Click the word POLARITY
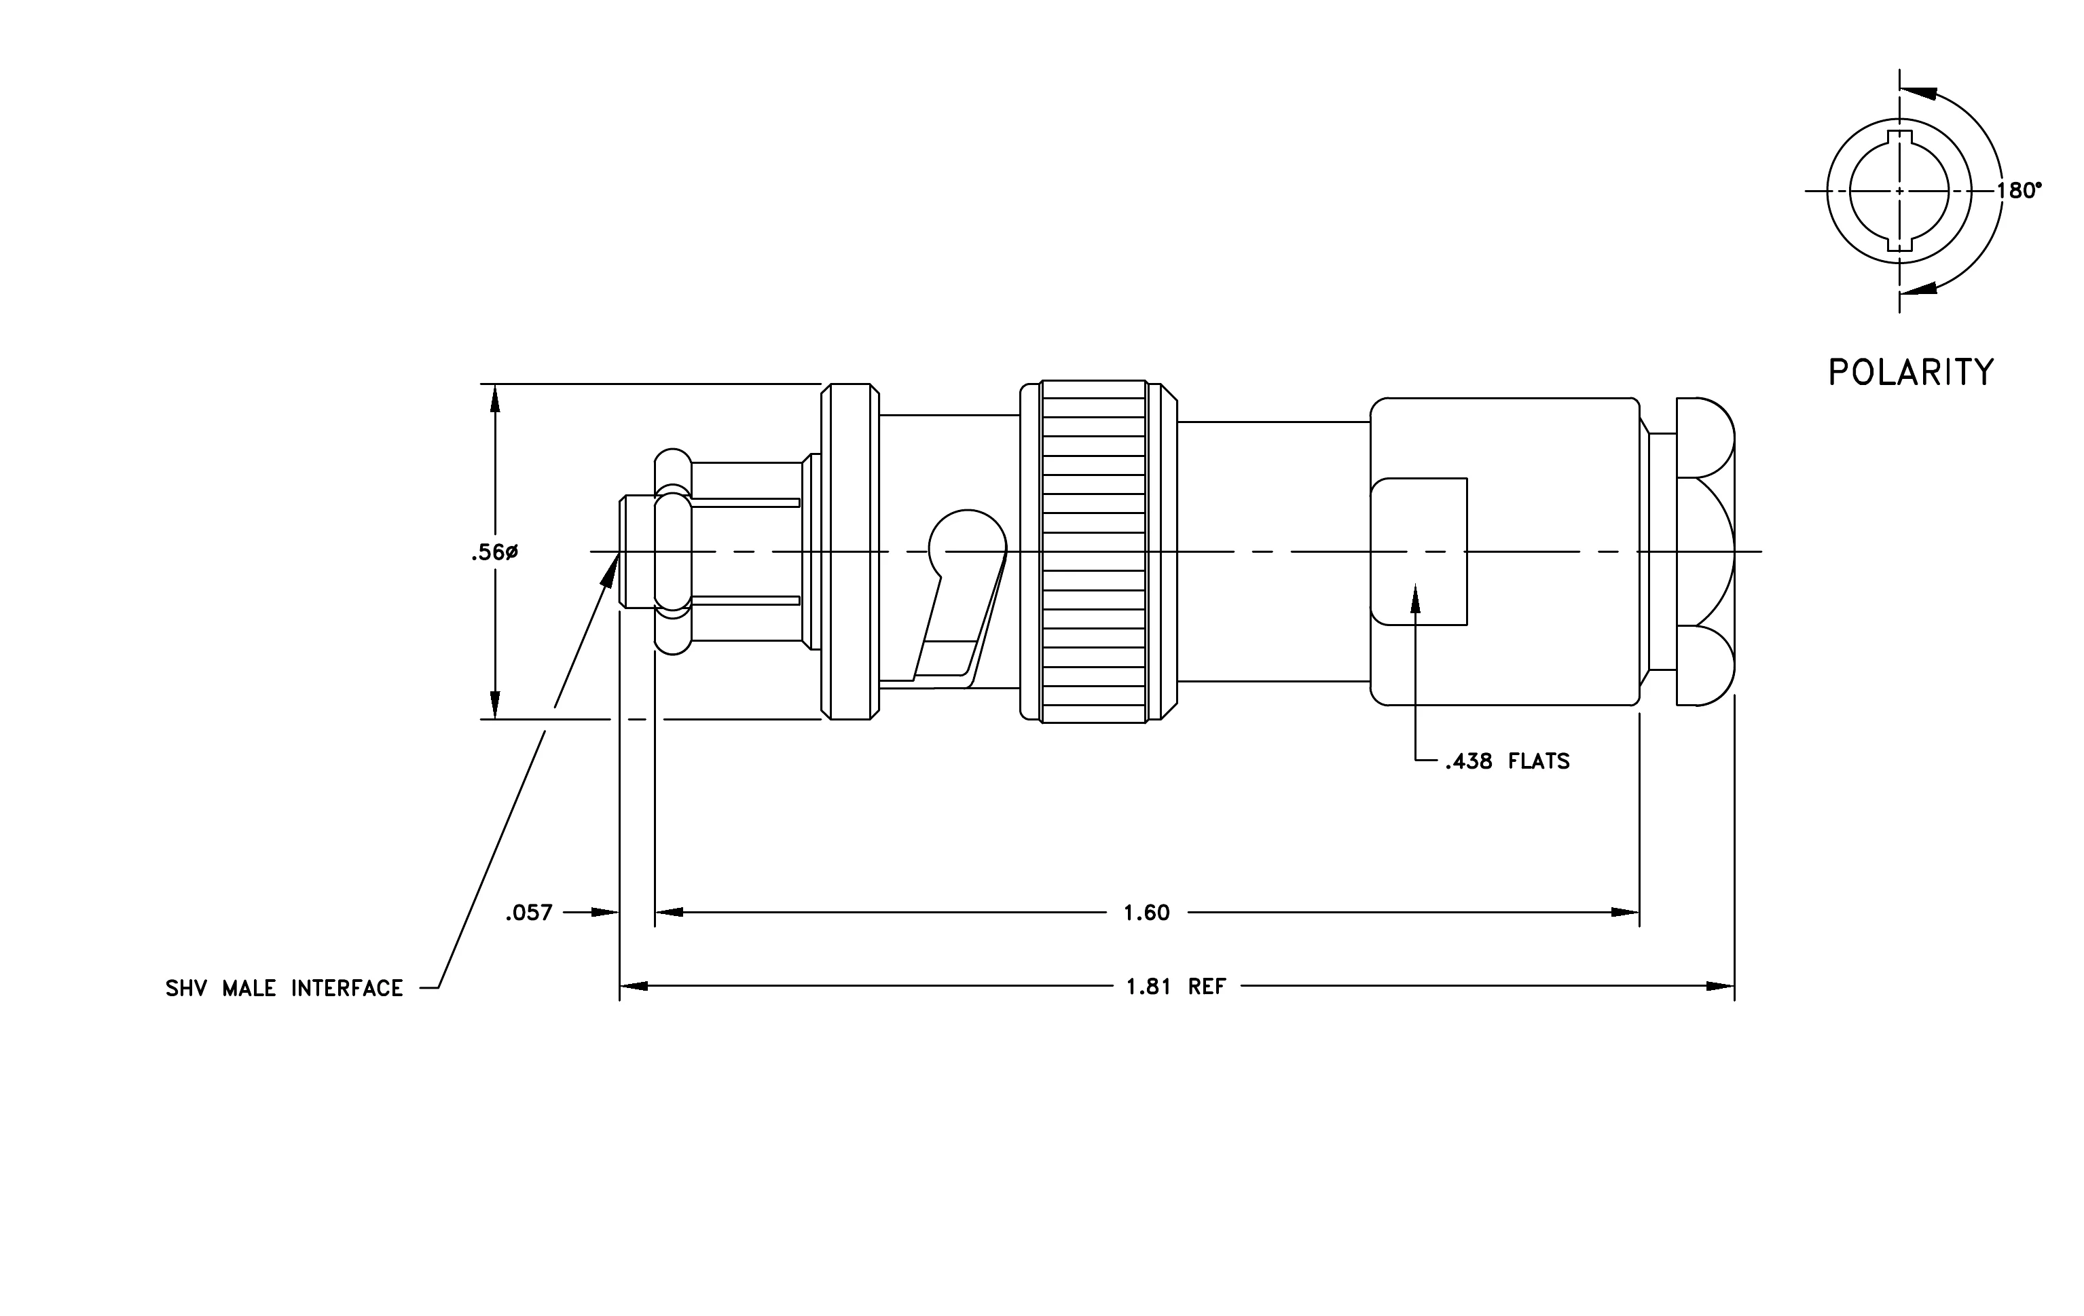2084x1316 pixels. pos(1911,372)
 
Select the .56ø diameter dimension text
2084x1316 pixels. pos(494,552)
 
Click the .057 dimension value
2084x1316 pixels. pos(529,913)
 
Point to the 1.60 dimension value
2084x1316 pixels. pos(1147,913)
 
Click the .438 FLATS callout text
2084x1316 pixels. pos(1507,761)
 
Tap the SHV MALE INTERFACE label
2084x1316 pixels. pos(285,988)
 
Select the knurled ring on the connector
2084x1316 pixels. pos(1095,551)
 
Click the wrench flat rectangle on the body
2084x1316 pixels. pos(1419,551)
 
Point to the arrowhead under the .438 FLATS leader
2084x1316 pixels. pos(1416,599)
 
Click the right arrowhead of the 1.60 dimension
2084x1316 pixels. pos(1626,913)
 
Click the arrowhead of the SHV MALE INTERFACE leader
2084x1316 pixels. pos(612,568)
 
